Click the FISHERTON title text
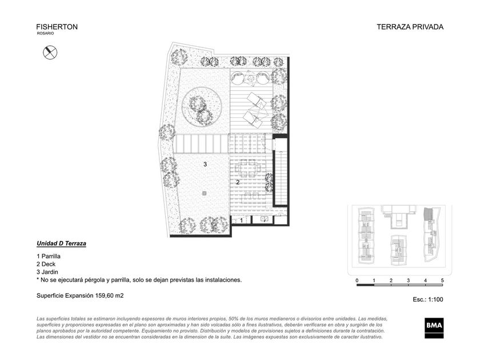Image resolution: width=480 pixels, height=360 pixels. pyautogui.click(x=57, y=27)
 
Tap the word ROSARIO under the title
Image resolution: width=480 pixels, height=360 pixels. pyautogui.click(x=45, y=33)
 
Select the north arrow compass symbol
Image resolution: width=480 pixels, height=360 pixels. pyautogui.click(x=50, y=53)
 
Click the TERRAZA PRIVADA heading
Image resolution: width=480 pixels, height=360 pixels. pyautogui.click(x=410, y=27)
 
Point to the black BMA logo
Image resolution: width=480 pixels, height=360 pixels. pyautogui.click(x=434, y=328)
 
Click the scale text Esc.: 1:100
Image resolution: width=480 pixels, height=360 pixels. pyautogui.click(x=427, y=299)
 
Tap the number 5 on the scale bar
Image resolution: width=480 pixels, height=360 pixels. pyautogui.click(x=442, y=280)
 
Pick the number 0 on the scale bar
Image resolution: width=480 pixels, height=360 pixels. pyautogui.click(x=357, y=280)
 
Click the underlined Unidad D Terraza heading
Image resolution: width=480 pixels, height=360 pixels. pyautogui.click(x=61, y=243)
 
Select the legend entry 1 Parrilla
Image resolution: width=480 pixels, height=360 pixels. pyautogui.click(x=49, y=256)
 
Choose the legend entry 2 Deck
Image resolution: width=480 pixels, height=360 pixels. pyautogui.click(x=46, y=264)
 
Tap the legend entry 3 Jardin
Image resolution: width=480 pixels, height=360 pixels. pyautogui.click(x=47, y=272)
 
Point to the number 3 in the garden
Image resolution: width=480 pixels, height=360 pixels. pyautogui.click(x=205, y=165)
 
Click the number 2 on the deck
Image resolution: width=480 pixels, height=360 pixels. pyautogui.click(x=238, y=182)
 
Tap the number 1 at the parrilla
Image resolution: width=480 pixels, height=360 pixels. pyautogui.click(x=241, y=221)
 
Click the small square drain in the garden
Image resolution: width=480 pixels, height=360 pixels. pyautogui.click(x=204, y=193)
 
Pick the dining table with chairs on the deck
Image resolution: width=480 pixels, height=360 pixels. pyautogui.click(x=247, y=168)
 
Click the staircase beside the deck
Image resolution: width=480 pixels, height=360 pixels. pyautogui.click(x=280, y=172)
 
